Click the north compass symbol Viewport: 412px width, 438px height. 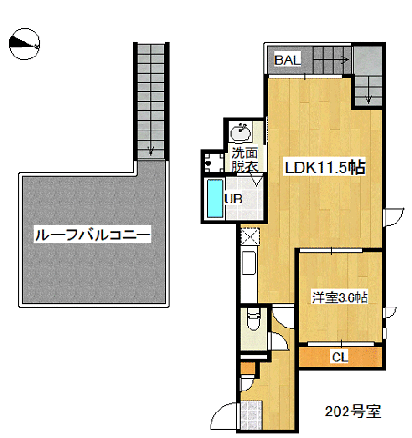(25, 45)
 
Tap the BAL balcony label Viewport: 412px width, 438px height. (287, 59)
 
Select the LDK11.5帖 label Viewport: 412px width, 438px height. (324, 167)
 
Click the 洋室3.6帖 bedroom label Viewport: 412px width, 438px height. (339, 297)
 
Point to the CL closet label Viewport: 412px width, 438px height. (340, 357)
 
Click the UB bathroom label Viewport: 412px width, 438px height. (233, 199)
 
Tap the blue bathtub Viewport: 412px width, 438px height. (215, 199)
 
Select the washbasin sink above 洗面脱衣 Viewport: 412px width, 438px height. (241, 132)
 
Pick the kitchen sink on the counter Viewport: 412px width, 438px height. (249, 263)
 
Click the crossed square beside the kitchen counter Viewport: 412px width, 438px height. (250, 236)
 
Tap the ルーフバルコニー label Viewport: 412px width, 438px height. (92, 235)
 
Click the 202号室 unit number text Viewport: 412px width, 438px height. (353, 412)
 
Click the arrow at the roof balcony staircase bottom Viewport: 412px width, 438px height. (151, 150)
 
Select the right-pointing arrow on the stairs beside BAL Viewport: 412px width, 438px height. (345, 60)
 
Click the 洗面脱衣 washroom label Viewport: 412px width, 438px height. (245, 160)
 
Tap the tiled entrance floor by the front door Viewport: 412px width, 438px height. (251, 415)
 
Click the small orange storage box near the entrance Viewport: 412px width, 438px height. (247, 368)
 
